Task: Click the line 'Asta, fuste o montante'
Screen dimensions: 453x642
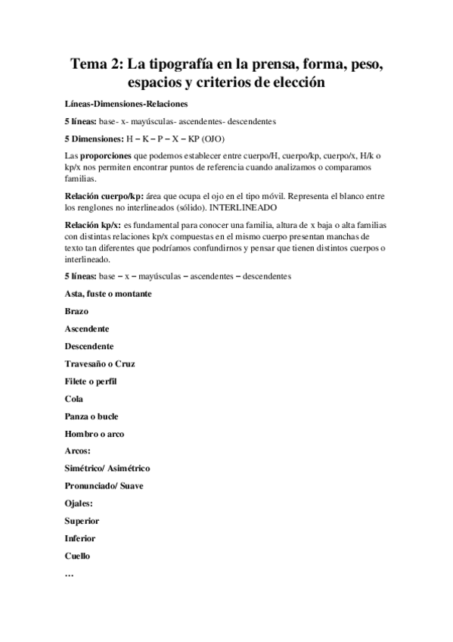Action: (x=109, y=294)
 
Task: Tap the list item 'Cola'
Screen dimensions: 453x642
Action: (x=75, y=399)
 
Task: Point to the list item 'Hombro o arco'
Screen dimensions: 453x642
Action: (x=95, y=434)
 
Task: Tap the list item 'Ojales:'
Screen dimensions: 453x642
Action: (x=79, y=503)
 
